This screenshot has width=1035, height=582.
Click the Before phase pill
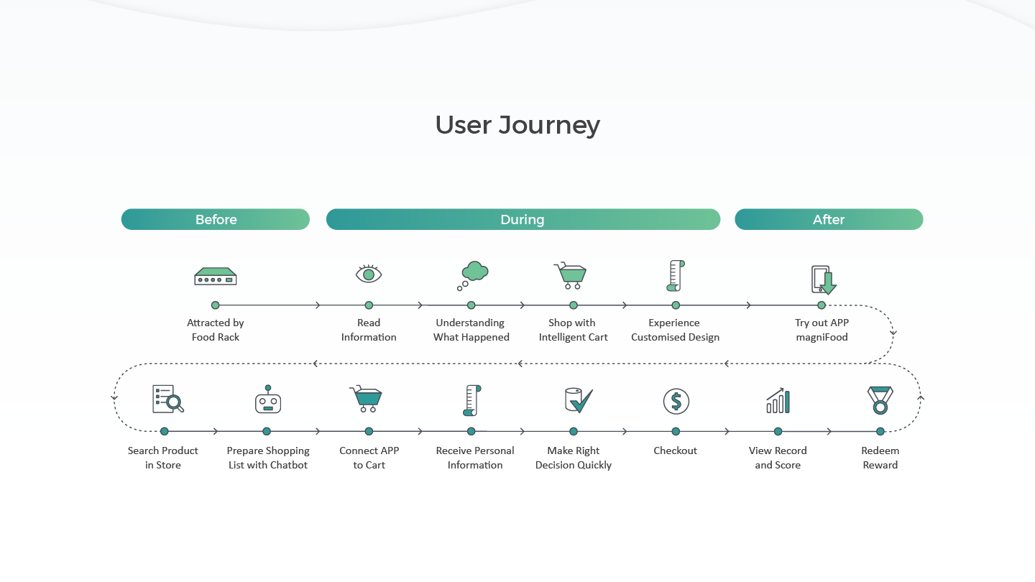click(216, 219)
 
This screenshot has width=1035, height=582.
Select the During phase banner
click(523, 219)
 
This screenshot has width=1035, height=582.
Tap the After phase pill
click(829, 219)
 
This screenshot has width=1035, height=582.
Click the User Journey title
click(517, 125)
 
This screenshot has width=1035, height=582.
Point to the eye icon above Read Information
click(369, 274)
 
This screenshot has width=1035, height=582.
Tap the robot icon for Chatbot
click(268, 399)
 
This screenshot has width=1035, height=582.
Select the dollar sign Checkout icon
click(676, 401)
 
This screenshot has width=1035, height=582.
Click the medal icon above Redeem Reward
click(880, 400)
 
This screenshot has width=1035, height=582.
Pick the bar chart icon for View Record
click(778, 400)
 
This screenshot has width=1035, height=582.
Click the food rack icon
click(216, 276)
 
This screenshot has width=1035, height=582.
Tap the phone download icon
click(824, 280)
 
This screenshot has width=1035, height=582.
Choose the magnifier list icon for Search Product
click(168, 399)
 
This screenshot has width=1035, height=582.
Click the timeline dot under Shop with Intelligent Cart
click(574, 305)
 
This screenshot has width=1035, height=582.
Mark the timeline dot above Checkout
click(676, 431)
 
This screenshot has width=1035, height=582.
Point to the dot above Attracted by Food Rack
click(216, 305)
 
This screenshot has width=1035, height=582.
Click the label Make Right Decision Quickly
click(574, 458)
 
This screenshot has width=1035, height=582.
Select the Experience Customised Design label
click(675, 330)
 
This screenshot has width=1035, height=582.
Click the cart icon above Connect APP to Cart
click(366, 399)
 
